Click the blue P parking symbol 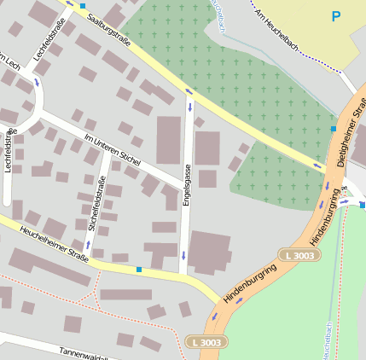(335, 16)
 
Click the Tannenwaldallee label (85, 352)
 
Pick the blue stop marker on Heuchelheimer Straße (138, 270)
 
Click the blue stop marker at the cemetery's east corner (333, 128)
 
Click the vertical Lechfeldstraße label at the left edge (9, 150)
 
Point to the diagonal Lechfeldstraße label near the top (49, 44)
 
